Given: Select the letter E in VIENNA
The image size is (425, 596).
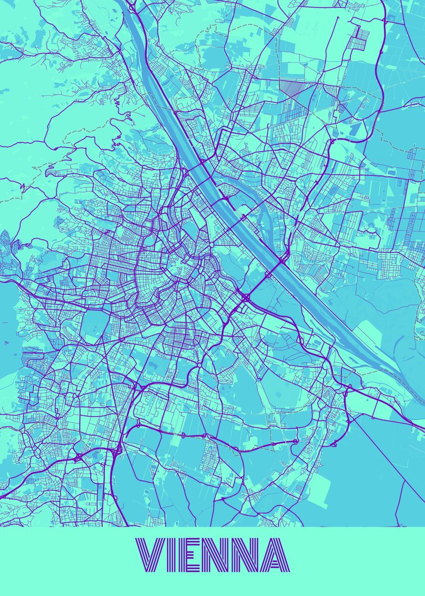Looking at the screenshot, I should click(193, 555).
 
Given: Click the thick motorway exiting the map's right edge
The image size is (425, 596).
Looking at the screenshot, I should click(419, 427).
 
